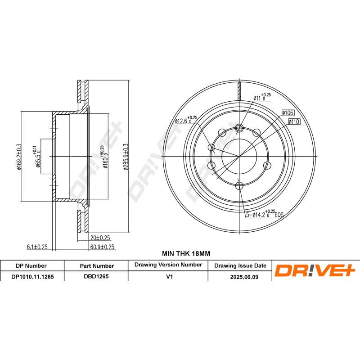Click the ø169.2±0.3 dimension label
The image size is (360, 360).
[19, 157]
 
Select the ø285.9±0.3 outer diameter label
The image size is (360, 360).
[126, 157]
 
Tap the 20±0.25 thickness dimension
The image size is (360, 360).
[100, 238]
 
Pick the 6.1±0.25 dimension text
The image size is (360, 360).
[37, 247]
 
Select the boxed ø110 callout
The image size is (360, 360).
[293, 121]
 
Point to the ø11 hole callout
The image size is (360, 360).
[261, 96]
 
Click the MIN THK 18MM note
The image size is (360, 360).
[180, 254]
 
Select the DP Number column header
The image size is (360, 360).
[31, 265]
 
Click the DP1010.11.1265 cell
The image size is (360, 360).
[32, 277]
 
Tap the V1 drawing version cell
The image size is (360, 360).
[169, 277]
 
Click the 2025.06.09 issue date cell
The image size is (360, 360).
[240, 277]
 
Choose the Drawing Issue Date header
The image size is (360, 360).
[240, 265]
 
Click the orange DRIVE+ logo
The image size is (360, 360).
[315, 271]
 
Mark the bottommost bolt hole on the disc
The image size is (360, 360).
[239, 184]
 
